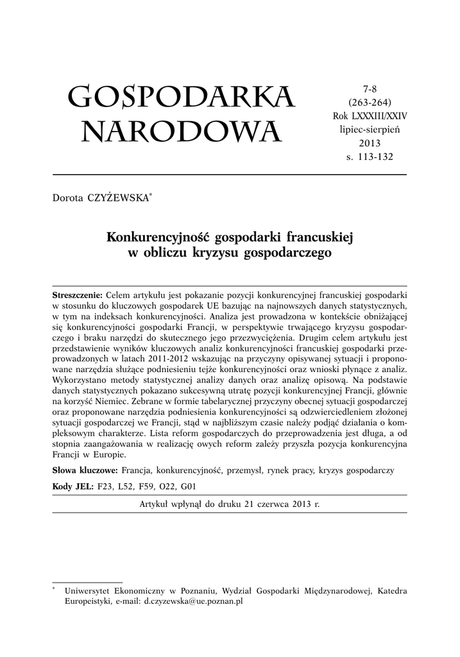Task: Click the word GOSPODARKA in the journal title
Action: [181, 98]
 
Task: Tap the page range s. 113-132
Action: [370, 156]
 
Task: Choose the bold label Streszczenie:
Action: [77, 294]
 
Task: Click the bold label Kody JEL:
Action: [73, 487]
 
